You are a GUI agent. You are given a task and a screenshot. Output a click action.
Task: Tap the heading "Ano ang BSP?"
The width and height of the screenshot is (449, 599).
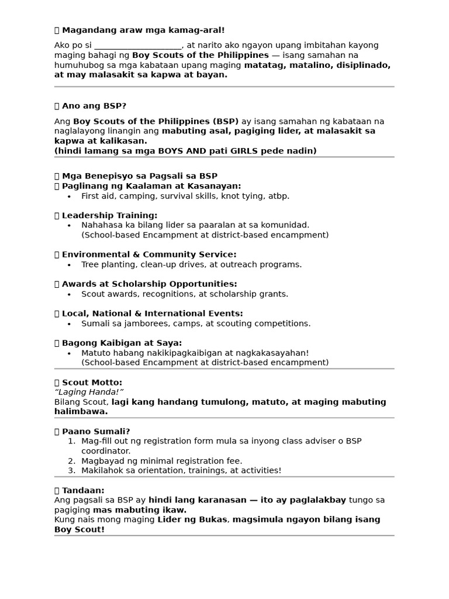[94, 106]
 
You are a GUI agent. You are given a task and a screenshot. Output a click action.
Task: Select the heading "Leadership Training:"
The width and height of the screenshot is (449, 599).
[109, 215]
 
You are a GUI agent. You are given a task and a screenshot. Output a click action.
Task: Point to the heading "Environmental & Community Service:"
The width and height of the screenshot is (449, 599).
[149, 254]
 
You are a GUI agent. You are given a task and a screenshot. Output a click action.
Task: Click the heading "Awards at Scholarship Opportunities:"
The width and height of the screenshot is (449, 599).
[149, 284]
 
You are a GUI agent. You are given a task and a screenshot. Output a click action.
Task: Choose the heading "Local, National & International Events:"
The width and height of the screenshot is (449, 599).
[152, 314]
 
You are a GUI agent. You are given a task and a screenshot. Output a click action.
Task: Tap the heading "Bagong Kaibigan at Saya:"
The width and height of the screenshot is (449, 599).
[122, 343]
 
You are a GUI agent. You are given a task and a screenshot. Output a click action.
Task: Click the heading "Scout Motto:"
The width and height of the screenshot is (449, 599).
[92, 383]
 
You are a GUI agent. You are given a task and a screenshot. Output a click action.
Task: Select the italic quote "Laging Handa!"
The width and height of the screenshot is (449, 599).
[89, 392]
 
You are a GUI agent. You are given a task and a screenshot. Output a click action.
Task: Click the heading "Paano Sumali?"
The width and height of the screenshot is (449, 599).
[96, 432]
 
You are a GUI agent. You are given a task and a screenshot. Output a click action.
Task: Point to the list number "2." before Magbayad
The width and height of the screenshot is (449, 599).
[72, 461]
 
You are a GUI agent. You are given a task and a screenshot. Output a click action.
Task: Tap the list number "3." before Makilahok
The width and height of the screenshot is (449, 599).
[72, 470]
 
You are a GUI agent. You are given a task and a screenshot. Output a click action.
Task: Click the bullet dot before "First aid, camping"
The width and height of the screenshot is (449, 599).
[70, 197]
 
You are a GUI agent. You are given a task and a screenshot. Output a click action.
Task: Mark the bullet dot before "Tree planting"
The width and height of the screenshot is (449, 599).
[70, 265]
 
